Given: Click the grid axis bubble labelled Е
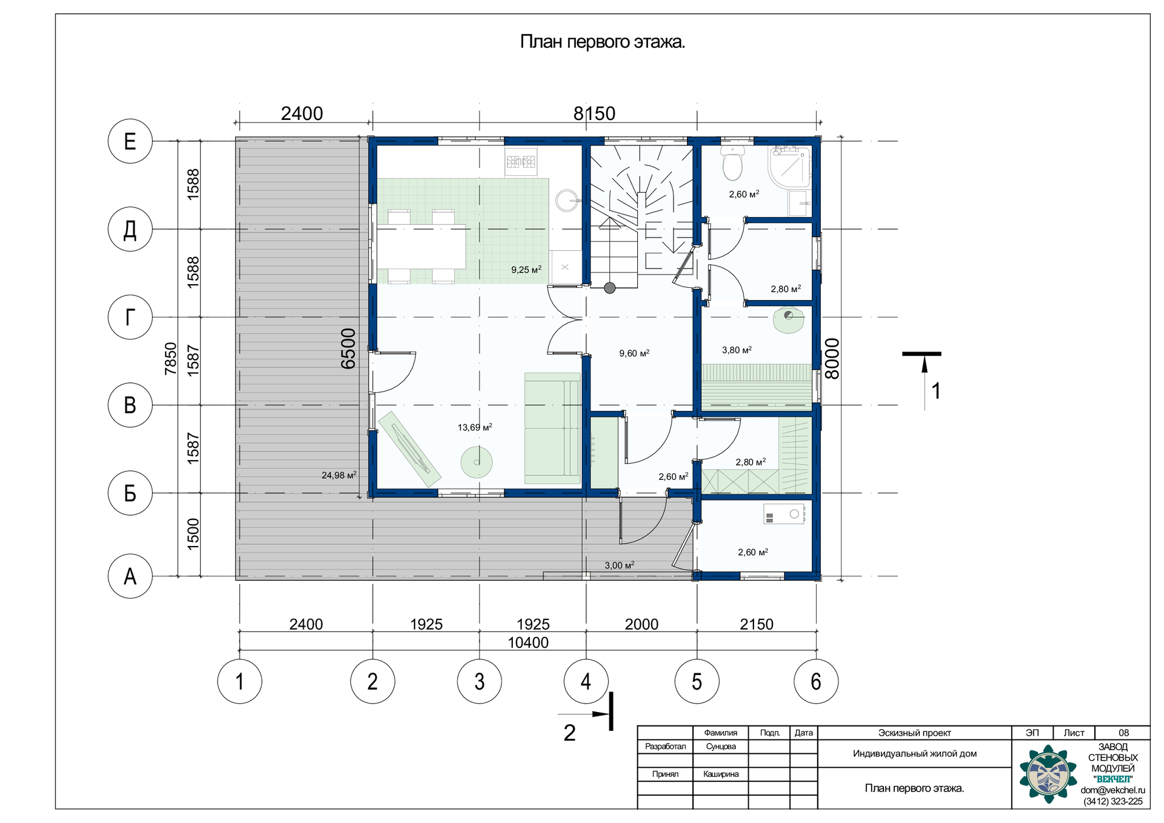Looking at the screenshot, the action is click(130, 141).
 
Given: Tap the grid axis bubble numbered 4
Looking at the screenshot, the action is click(586, 681).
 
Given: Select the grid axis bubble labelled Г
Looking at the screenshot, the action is click(130, 317).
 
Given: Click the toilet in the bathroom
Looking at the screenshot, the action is click(733, 163).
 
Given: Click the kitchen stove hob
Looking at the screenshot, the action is click(521, 161).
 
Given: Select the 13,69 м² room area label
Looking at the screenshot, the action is click(475, 427).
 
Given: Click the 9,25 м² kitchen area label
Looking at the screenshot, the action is click(526, 270).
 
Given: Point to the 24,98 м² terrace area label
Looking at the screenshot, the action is click(339, 475).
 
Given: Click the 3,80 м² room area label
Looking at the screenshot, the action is click(737, 350).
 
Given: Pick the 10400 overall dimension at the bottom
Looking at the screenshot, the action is click(528, 642).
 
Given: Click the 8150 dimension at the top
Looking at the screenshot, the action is click(594, 113).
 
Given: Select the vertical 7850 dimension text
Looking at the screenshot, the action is click(170, 358).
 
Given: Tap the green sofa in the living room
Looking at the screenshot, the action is click(552, 428).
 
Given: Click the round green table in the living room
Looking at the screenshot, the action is click(477, 462).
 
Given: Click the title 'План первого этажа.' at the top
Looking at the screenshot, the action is click(603, 42).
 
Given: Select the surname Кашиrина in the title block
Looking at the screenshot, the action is click(721, 774).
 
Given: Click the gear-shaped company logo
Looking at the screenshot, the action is click(1048, 775).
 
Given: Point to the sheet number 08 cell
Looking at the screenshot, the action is click(1123, 733).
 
